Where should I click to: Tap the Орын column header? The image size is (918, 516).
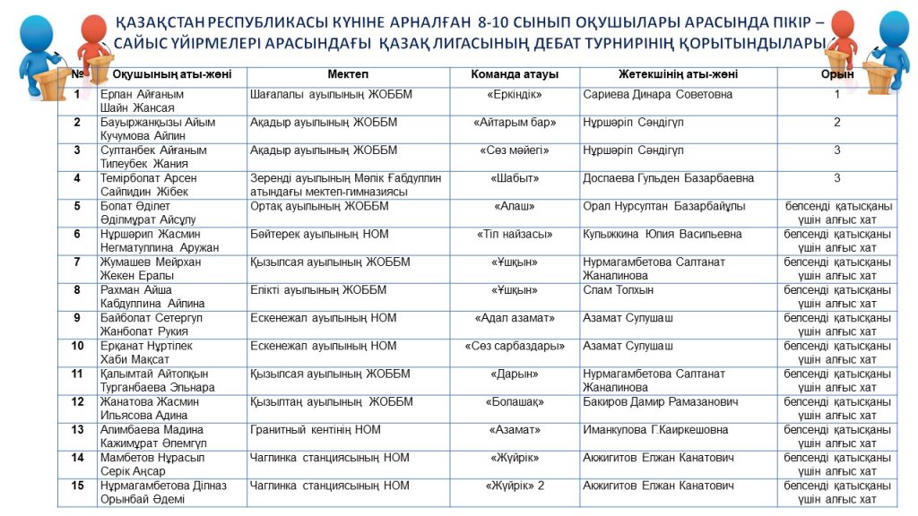(836, 74)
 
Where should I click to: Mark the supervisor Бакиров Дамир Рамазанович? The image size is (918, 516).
(660, 402)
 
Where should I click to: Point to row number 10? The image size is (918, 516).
(77, 346)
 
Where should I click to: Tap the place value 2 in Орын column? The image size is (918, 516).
(836, 122)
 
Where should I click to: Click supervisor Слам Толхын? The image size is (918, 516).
(618, 290)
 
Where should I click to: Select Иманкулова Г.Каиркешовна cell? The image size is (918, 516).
(654, 430)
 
